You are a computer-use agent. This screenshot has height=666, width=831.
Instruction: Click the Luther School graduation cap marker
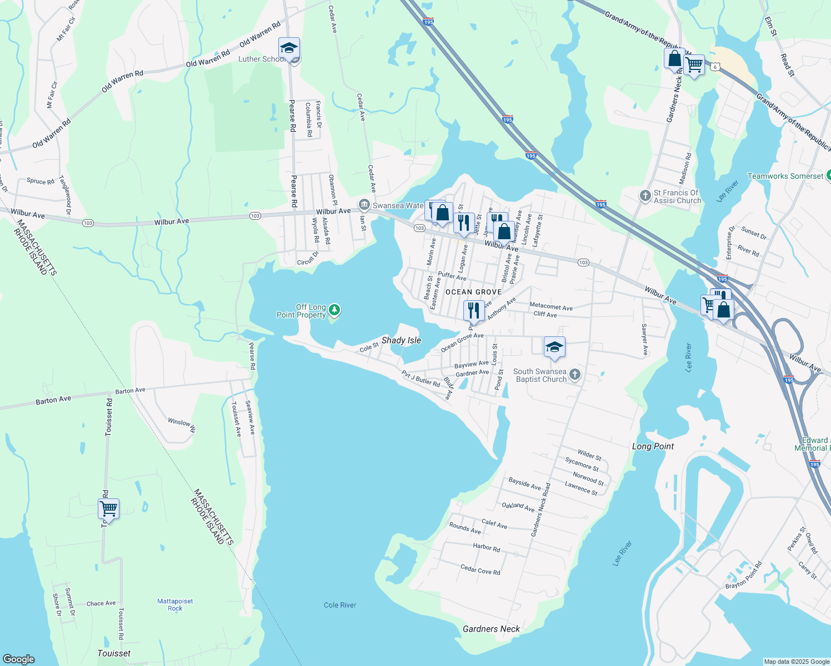289,49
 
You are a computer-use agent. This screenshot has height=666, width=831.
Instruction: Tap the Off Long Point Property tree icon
334,310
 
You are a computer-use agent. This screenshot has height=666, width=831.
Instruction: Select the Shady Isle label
401,340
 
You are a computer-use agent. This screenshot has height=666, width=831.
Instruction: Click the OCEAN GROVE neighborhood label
473,292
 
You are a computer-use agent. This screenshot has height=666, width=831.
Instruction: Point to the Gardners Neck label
491,629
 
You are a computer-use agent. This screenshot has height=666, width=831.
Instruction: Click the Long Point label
653,446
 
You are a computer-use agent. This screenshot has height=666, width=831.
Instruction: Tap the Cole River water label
340,605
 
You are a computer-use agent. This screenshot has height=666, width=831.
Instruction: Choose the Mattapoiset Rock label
175,604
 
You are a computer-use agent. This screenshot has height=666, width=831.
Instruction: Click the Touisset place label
114,653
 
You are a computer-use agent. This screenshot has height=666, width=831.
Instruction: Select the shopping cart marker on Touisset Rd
109,508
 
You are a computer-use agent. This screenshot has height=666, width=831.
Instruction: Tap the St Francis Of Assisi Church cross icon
645,195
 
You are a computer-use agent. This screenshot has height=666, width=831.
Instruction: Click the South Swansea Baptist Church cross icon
575,375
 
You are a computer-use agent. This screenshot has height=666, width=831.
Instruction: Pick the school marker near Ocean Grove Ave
554,347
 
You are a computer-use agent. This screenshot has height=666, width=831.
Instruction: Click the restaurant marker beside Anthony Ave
473,310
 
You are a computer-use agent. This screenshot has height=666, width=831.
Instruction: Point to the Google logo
19,659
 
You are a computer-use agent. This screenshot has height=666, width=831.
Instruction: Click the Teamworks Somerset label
785,176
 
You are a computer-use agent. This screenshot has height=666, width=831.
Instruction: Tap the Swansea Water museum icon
364,205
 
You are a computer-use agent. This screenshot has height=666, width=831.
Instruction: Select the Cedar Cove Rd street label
480,570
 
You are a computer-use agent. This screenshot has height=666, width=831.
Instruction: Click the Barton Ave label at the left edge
53,400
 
